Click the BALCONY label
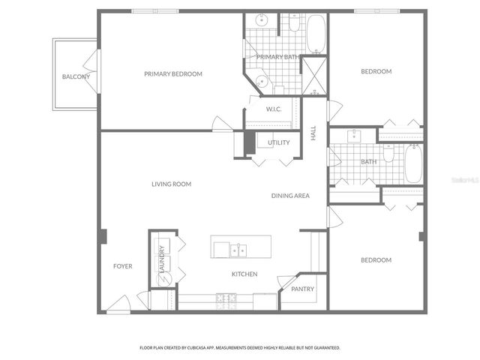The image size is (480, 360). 76,76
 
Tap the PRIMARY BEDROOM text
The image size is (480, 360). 173,73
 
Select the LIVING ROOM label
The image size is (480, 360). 172,184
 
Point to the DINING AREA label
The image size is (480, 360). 290,196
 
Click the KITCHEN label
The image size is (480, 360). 244,274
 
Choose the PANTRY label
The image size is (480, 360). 303,289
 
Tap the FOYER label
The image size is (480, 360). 123,266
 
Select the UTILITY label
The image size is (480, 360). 279,142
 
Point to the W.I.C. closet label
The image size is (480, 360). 273,109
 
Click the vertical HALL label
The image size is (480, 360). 313,133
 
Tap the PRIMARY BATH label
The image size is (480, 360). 278,57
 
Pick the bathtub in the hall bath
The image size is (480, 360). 413,163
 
